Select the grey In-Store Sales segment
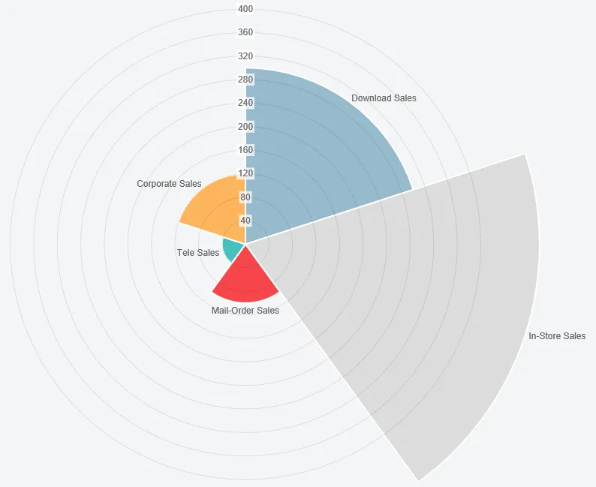click(420, 300)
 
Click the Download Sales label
click(384, 98)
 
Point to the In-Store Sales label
click(557, 336)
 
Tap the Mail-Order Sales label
click(245, 311)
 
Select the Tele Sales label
click(198, 253)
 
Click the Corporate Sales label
click(169, 184)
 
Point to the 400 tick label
click(245, 9)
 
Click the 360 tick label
click(245, 32)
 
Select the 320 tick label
click(245, 56)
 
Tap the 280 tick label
click(245, 80)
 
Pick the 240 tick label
click(245, 103)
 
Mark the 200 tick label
click(245, 126)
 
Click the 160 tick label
click(245, 150)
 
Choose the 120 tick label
click(245, 173)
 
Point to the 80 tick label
click(245, 197)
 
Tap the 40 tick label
click(245, 221)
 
